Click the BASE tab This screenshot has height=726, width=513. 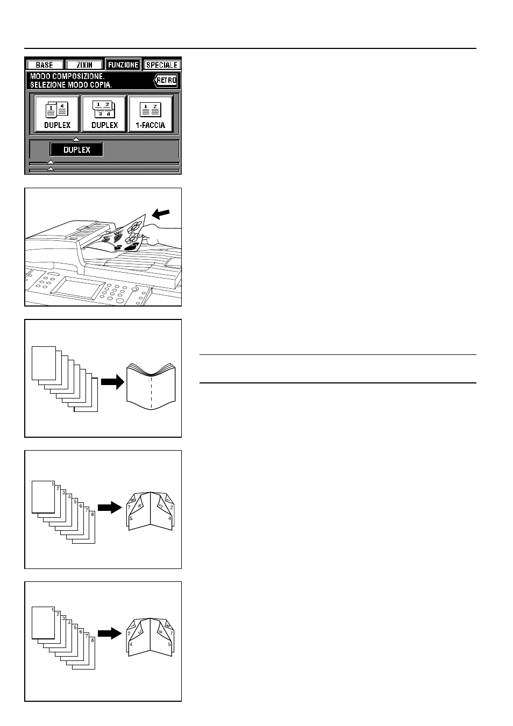[44, 65]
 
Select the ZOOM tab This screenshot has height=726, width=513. [84, 65]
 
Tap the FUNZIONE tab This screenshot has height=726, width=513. [123, 65]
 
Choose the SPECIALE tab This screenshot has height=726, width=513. [162, 65]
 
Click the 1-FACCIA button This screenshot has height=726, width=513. [151, 113]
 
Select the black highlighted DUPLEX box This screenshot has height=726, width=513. [76, 150]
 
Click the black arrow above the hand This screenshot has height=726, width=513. [161, 213]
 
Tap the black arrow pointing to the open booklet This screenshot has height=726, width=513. [112, 382]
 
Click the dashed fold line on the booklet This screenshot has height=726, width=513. [151, 393]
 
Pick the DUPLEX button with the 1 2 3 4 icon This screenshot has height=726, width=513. [104, 113]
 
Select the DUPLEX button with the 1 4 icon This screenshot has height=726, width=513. [57, 113]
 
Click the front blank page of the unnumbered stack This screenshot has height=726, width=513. [44, 363]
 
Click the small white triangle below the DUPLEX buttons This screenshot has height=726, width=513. [76, 139]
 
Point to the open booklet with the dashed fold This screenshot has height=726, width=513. [151, 387]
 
